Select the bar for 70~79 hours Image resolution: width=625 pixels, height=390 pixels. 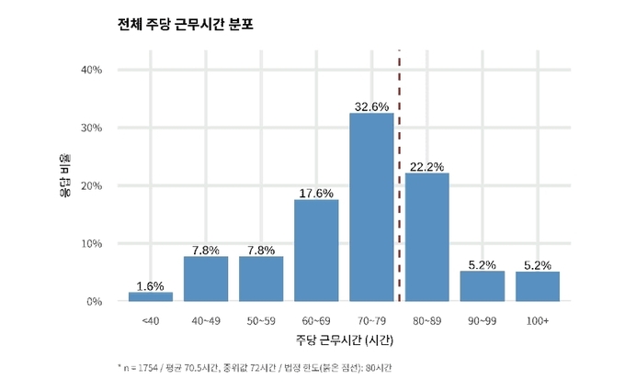pos(371,207)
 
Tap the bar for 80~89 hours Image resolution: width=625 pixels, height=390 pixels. pos(426,237)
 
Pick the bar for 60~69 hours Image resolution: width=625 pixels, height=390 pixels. pos(316,251)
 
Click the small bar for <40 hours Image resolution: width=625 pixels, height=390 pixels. pos(151,296)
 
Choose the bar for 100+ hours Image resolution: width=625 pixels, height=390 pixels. pos(537,286)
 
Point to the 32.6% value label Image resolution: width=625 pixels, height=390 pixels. pos(371,106)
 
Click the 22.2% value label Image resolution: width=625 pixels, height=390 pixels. pos(426,166)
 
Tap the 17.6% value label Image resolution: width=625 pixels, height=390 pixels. pos(316,193)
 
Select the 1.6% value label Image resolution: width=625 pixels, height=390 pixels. pos(151,285)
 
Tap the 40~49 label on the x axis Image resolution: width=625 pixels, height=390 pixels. pos(206,321)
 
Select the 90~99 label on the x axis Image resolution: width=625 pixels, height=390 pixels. pos(482,321)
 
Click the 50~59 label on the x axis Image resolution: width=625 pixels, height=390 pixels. pos(261,321)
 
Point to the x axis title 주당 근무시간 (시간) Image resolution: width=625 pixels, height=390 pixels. pos(344,341)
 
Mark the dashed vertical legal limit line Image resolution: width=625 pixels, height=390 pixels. pos(399,184)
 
